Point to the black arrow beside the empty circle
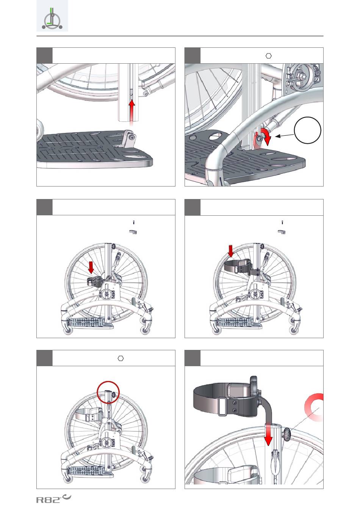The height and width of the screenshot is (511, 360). coord(285,134)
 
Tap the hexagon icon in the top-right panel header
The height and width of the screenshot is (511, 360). coord(269,56)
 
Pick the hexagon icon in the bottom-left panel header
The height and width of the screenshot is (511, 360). coord(121,358)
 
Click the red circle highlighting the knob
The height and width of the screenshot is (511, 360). coord(108,393)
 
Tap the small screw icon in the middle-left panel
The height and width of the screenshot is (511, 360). coord(134,223)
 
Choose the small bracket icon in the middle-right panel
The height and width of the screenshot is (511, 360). coord(281,232)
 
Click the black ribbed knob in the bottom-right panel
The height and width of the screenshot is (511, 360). coord(288,433)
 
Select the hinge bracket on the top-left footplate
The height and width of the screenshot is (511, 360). coord(129,140)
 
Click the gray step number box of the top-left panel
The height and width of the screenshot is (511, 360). coord(44,55)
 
